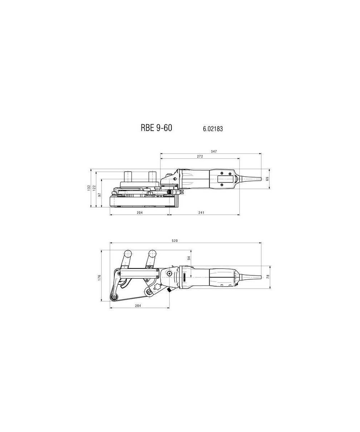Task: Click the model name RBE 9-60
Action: [x=156, y=128]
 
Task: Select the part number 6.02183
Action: [x=213, y=129]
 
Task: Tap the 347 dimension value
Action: [x=214, y=152]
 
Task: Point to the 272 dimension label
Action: [x=200, y=156]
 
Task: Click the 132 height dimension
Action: [x=89, y=188]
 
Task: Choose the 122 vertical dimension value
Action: [x=94, y=188]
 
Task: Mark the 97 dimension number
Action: [x=100, y=195]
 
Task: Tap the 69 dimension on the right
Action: [x=267, y=179]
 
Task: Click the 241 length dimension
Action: [x=201, y=212]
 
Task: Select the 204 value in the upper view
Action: [x=140, y=212]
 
